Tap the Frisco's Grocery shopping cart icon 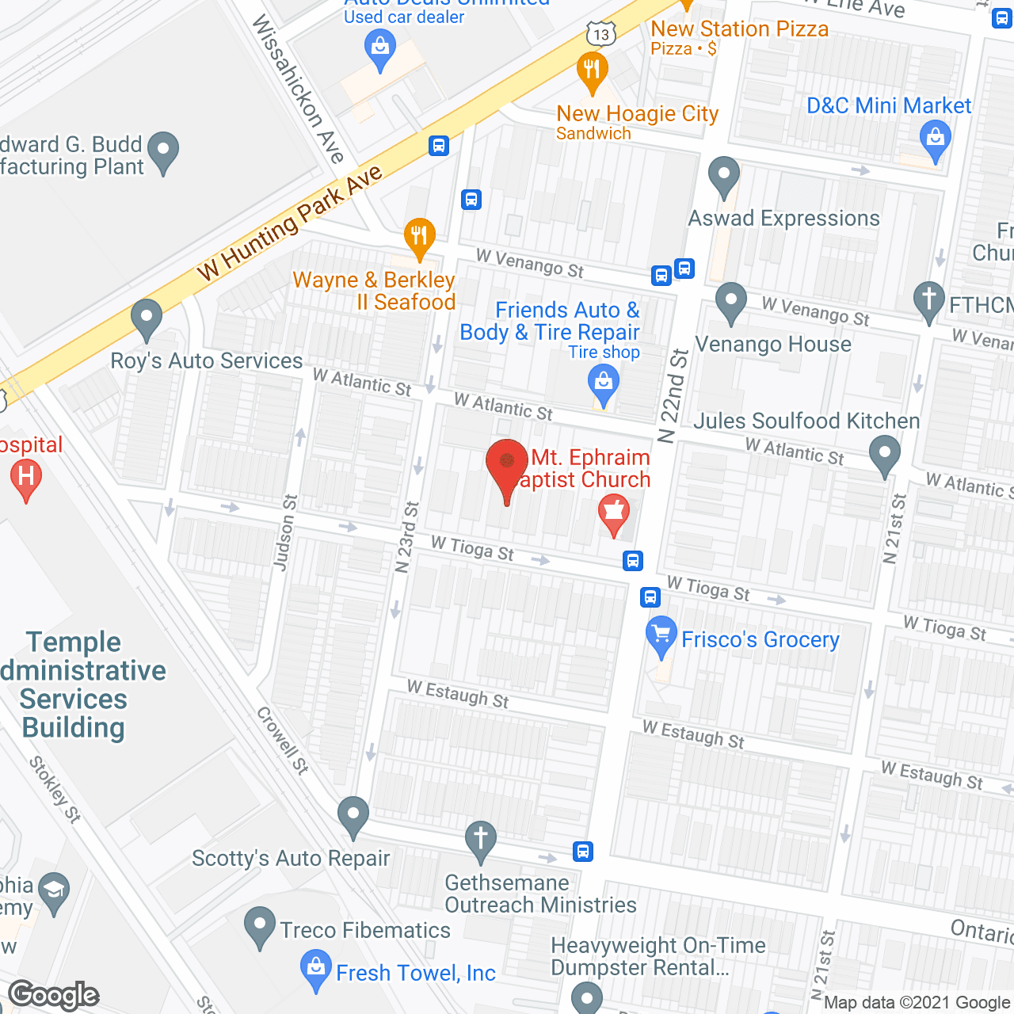[661, 635]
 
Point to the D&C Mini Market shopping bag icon [936, 139]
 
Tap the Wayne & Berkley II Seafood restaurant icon [419, 237]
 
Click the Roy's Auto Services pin [146, 318]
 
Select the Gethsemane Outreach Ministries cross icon [480, 840]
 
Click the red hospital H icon [26, 478]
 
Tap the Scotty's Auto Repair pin [353, 816]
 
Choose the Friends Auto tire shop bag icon [604, 383]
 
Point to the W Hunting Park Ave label [290, 223]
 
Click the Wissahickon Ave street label [298, 89]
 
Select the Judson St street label [284, 532]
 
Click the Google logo [54, 995]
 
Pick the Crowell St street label [282, 740]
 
